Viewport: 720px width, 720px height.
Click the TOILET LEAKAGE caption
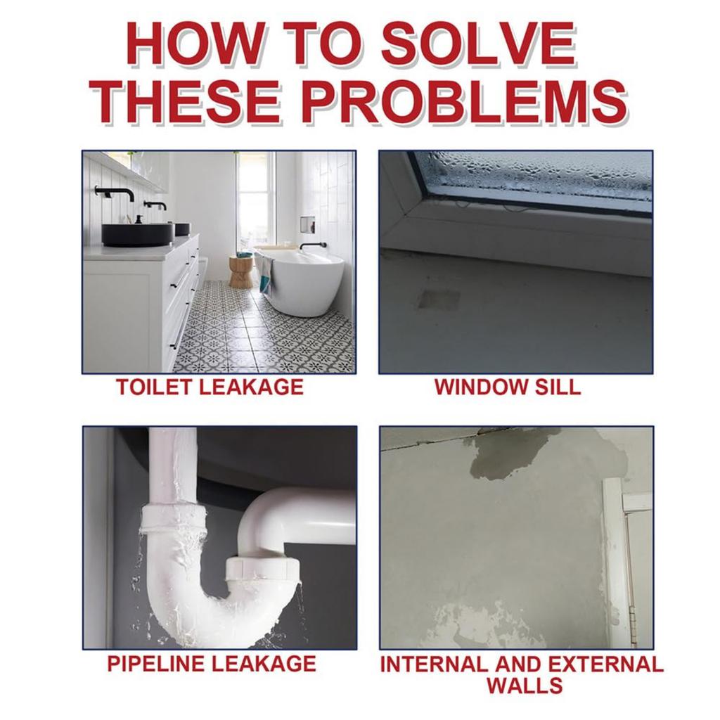pyautogui.click(x=210, y=387)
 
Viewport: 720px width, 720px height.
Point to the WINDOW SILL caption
pyautogui.click(x=508, y=387)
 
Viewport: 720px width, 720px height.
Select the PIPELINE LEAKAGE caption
pyautogui.click(x=211, y=663)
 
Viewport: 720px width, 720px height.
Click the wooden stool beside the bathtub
pyautogui.click(x=241, y=271)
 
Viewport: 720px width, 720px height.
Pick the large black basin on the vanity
pyautogui.click(x=138, y=233)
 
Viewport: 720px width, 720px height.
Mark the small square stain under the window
pyautogui.click(x=439, y=299)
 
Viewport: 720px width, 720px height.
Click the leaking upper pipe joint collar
pyautogui.click(x=174, y=519)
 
